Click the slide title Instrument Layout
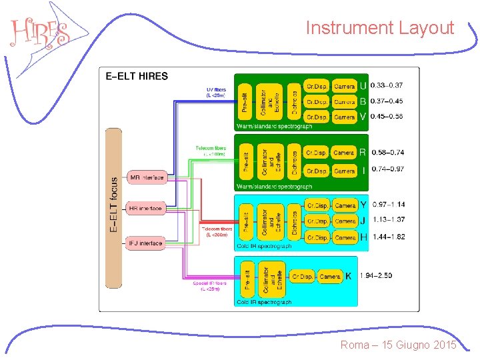379,28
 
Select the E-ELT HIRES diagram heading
137,76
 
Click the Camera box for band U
344,86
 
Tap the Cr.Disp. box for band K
302,276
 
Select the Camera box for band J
345,221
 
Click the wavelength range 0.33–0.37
387,86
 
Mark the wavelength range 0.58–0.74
387,153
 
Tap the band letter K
349,275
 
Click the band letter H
363,237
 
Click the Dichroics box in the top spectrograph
294,101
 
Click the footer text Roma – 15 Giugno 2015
398,345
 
